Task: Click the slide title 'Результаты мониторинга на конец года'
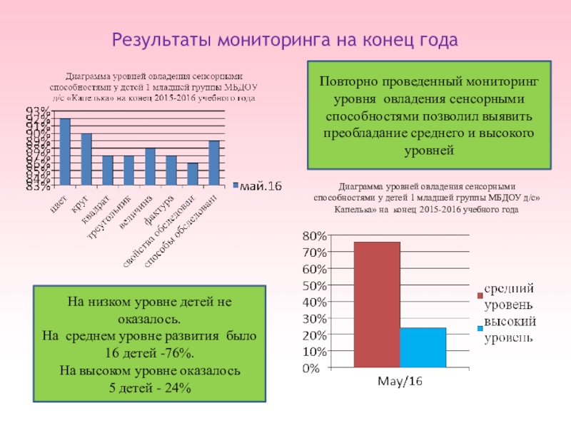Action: [285, 39]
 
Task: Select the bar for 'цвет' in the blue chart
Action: [65, 153]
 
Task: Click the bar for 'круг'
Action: [86, 160]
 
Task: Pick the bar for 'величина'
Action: [150, 168]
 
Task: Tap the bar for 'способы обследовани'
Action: [213, 164]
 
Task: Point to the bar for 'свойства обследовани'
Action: [192, 175]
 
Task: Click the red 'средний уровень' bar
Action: [377, 305]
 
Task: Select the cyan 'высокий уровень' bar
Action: [423, 348]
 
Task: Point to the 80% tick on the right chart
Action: [315, 235]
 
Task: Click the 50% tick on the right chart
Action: [315, 285]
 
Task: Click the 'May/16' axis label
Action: [400, 382]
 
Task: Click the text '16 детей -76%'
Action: [150, 353]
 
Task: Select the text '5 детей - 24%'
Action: [150, 387]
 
